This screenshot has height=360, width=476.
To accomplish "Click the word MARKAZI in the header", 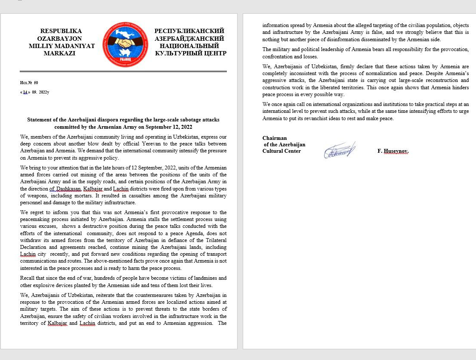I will pos(60,53).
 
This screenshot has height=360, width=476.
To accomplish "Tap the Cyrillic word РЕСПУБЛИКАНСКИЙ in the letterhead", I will pos(190,31).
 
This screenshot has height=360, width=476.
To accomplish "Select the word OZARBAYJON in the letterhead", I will pos(61,39).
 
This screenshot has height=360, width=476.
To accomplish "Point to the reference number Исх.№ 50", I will pos(29,82).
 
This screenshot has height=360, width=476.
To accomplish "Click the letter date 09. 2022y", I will pos(40,92).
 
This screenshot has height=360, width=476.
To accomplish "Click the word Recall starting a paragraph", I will pos(28,278).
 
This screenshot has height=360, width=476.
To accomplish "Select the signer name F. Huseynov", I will pos(393,151).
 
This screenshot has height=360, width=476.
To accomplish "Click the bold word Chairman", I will pos(274,138).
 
